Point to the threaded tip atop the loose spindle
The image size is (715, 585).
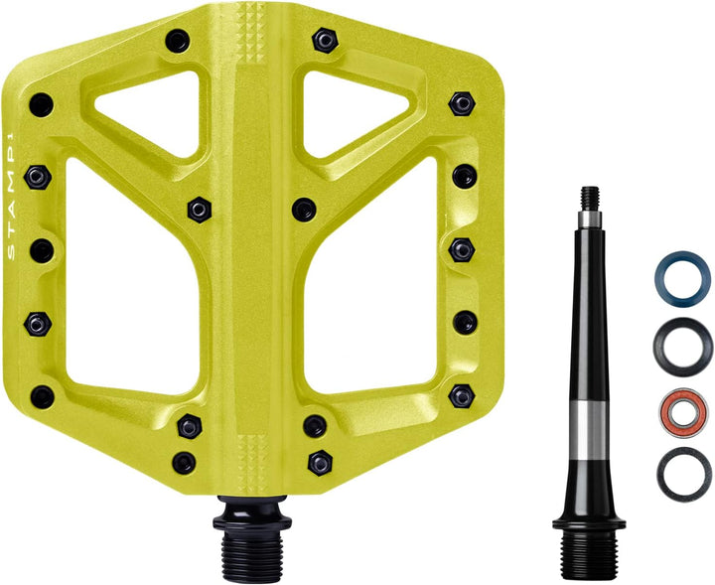[x=590, y=199]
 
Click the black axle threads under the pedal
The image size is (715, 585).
[x=252, y=550]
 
